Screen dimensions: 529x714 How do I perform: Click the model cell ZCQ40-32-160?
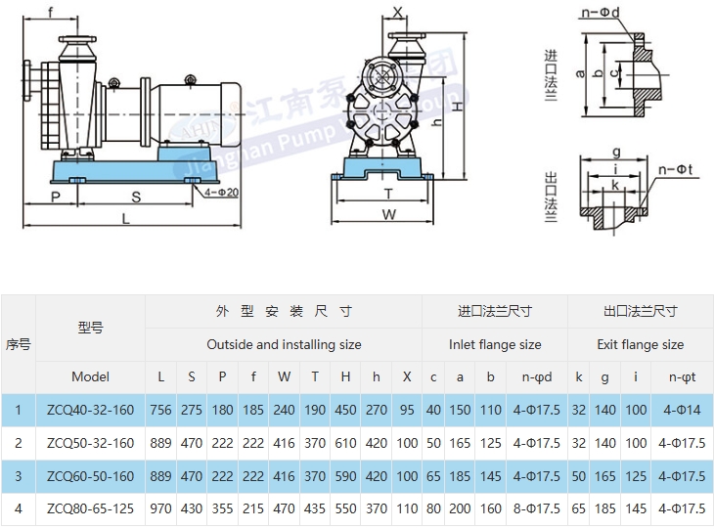pyautogui.click(x=90, y=410)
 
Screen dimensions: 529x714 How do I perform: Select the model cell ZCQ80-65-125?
pyautogui.click(x=90, y=509)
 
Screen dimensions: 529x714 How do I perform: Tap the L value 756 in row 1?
pyautogui.click(x=161, y=410)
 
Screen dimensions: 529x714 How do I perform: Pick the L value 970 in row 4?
pyautogui.click(x=161, y=509)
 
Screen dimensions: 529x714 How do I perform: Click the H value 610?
pyautogui.click(x=345, y=443)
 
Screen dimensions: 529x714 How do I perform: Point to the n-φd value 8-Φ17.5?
pyautogui.click(x=536, y=509)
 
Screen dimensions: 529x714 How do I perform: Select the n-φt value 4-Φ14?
pyautogui.click(x=682, y=410)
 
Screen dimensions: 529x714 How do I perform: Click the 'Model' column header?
pyautogui.click(x=90, y=376)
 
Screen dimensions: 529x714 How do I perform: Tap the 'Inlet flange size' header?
pyautogui.click(x=495, y=344)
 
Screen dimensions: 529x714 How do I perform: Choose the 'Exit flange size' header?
pyautogui.click(x=641, y=344)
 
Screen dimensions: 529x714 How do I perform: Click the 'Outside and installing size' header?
pyautogui.click(x=284, y=344)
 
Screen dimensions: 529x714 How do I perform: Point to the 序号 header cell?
pyautogui.click(x=18, y=344)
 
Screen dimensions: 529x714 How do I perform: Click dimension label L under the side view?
pyautogui.click(x=126, y=220)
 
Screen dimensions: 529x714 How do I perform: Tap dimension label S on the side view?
pyautogui.click(x=136, y=197)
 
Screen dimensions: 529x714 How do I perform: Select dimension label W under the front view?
pyautogui.click(x=388, y=214)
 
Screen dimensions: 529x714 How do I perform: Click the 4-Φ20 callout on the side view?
pyautogui.click(x=223, y=193)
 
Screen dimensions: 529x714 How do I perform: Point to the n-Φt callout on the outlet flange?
pyautogui.click(x=676, y=167)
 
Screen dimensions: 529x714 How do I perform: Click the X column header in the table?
pyautogui.click(x=407, y=376)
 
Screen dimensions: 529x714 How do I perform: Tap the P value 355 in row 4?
pyautogui.click(x=222, y=509)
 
